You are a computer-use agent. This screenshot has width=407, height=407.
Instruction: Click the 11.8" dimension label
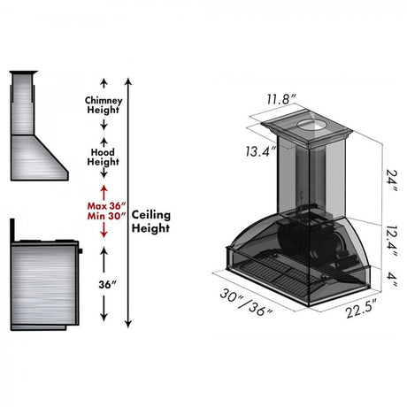pyautogui.click(x=281, y=99)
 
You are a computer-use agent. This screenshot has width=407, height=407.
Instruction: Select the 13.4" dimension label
pyautogui.click(x=261, y=151)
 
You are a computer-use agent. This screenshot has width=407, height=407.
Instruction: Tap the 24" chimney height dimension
pyautogui.click(x=391, y=179)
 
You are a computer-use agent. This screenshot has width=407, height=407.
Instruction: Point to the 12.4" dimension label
pyautogui.click(x=391, y=242)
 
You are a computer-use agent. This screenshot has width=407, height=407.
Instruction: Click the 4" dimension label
pyautogui.click(x=392, y=279)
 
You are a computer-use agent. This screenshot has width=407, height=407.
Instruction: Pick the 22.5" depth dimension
pyautogui.click(x=362, y=309)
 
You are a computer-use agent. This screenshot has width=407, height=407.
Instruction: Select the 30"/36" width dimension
pyautogui.click(x=246, y=303)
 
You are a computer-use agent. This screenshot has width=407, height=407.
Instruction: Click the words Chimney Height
pyautogui.click(x=104, y=105)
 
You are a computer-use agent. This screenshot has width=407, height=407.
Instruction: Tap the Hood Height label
pyautogui.click(x=103, y=157)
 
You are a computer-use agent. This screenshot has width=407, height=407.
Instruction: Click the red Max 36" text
pyautogui.click(x=106, y=205)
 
